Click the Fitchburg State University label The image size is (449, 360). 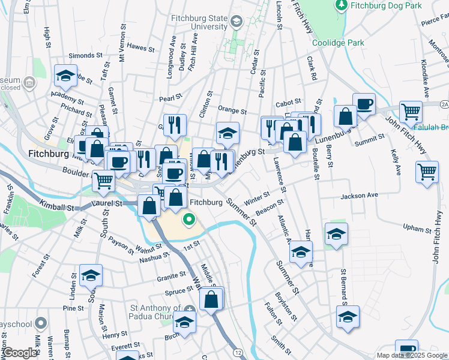(x=198, y=22)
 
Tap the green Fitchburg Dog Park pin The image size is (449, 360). (x=342, y=5)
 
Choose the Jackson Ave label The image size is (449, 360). (x=359, y=196)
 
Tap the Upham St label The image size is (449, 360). (x=417, y=229)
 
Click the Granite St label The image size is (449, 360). (x=172, y=275)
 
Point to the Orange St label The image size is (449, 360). (x=232, y=110)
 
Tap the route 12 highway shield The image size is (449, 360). (x=238, y=352)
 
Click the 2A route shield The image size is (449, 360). (x=444, y=104)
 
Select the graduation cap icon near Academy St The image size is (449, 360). (x=65, y=76)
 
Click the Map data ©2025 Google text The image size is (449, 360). (x=411, y=355)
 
